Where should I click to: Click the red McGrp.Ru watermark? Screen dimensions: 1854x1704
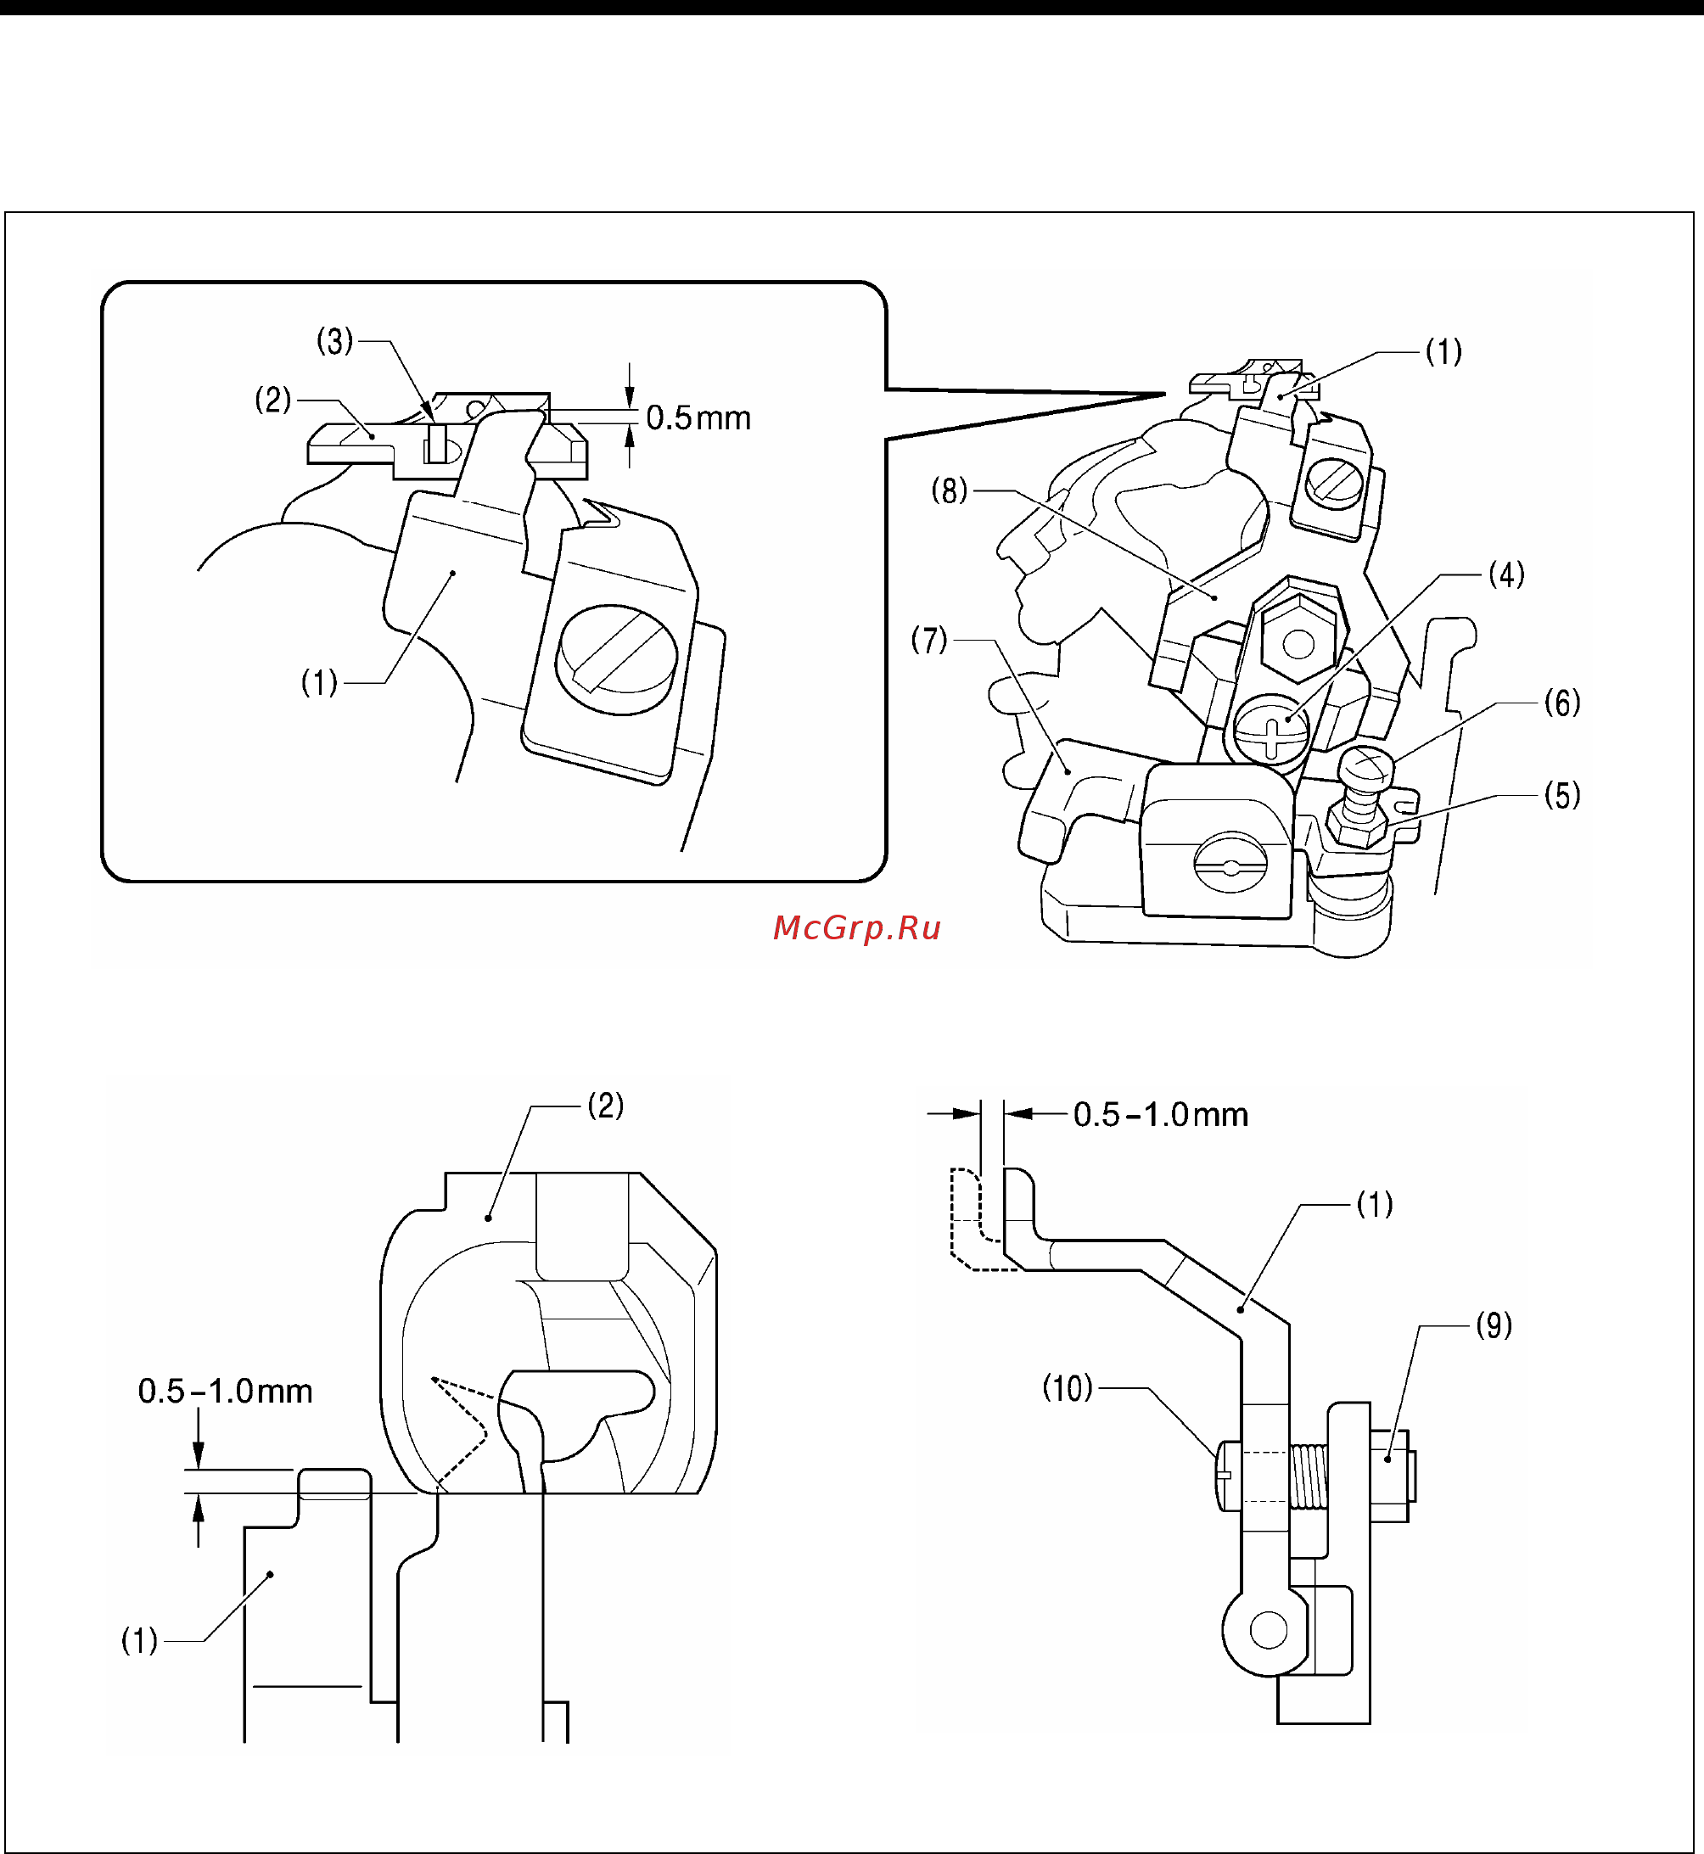855,927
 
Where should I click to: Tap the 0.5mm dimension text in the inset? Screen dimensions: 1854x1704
698,418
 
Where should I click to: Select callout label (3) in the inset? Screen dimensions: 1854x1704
334,342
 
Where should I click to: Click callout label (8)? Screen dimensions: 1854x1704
949,490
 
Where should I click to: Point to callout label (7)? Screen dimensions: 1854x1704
928,640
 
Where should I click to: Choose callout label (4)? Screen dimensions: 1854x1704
1505,575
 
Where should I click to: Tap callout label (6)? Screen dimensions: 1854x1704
1562,703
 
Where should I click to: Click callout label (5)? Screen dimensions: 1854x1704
1562,796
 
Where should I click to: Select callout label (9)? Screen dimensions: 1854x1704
1494,1325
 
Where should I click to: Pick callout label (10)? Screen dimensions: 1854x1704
1067,1387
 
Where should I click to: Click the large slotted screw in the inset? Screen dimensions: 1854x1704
616,658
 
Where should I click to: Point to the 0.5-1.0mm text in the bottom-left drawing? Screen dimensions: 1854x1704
225,1392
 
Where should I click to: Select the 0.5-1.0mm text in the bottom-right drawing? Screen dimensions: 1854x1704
1160,1116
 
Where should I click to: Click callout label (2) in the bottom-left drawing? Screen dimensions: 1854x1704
606,1106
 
